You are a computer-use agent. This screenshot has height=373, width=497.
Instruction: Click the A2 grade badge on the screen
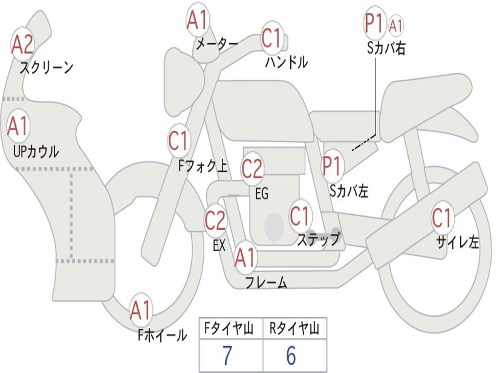[x=22, y=45]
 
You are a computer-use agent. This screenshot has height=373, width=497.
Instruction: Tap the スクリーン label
[x=46, y=68]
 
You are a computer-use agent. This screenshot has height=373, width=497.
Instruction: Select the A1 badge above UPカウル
[x=18, y=127]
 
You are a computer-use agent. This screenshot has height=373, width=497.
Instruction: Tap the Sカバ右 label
[x=386, y=49]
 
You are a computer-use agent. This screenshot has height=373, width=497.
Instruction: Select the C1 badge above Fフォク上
[x=178, y=141]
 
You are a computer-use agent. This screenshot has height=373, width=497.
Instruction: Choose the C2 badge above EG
[x=252, y=169]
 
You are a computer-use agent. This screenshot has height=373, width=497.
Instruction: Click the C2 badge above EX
[x=215, y=221]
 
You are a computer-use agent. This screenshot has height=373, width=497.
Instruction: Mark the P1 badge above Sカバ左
[x=332, y=166]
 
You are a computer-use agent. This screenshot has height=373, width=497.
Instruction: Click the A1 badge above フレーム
[x=245, y=258]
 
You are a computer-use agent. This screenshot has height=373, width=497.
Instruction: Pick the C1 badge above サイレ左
[x=442, y=218]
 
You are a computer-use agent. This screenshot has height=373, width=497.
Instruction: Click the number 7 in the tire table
[x=227, y=356]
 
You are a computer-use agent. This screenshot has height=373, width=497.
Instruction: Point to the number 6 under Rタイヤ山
[x=291, y=356]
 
